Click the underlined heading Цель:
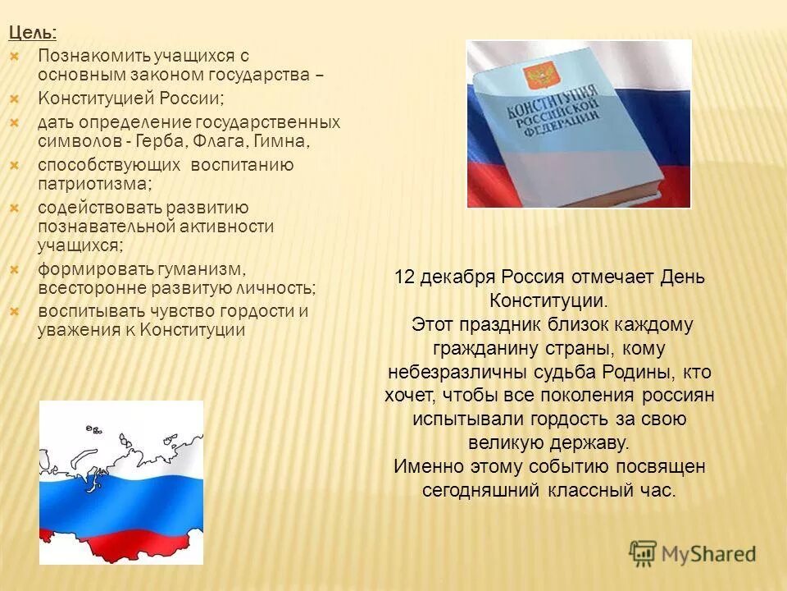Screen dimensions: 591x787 33,33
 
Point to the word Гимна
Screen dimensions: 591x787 283,142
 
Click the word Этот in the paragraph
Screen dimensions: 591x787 431,324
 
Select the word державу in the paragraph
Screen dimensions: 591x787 595,442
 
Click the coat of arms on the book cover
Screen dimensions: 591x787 538,79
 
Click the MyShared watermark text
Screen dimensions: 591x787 709,553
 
